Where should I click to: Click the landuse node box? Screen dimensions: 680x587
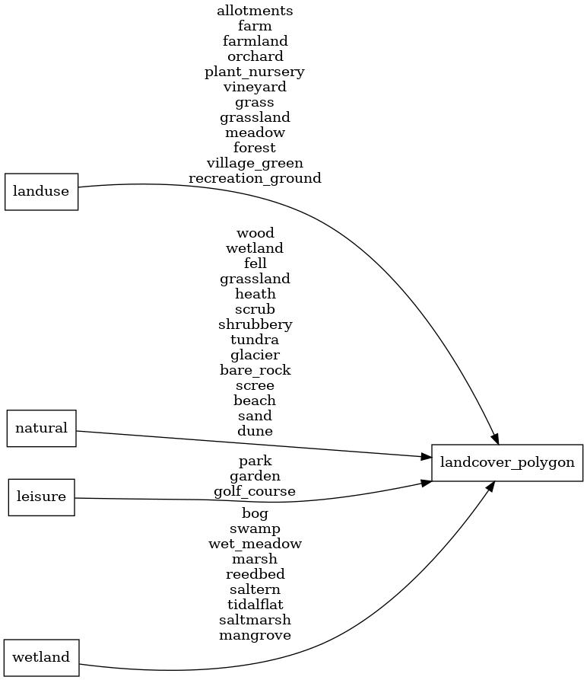click(x=42, y=192)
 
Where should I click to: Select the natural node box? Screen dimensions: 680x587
click(x=42, y=428)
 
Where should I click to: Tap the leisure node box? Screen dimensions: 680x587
click(x=42, y=497)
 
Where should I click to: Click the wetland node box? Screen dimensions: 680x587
click(x=42, y=657)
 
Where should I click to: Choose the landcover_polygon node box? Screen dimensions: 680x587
click(x=507, y=462)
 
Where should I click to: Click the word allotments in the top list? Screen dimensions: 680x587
click(x=255, y=11)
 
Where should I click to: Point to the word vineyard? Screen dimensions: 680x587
click(x=255, y=87)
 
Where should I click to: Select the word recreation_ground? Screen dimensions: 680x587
click(x=255, y=178)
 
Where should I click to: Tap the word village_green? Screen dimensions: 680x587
click(x=255, y=163)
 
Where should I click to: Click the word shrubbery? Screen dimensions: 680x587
click(x=255, y=324)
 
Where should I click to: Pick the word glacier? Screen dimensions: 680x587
click(x=255, y=355)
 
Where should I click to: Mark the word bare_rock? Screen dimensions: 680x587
click(x=255, y=370)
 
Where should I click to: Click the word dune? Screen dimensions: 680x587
click(x=255, y=431)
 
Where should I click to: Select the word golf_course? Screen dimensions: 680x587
click(x=255, y=491)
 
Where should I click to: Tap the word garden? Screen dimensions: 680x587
click(x=255, y=476)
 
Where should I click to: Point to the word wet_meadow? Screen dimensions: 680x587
click(x=255, y=544)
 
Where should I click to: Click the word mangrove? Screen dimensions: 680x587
click(x=255, y=635)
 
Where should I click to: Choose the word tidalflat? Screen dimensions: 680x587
click(x=255, y=605)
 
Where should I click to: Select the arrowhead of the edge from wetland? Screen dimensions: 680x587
click(x=491, y=486)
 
